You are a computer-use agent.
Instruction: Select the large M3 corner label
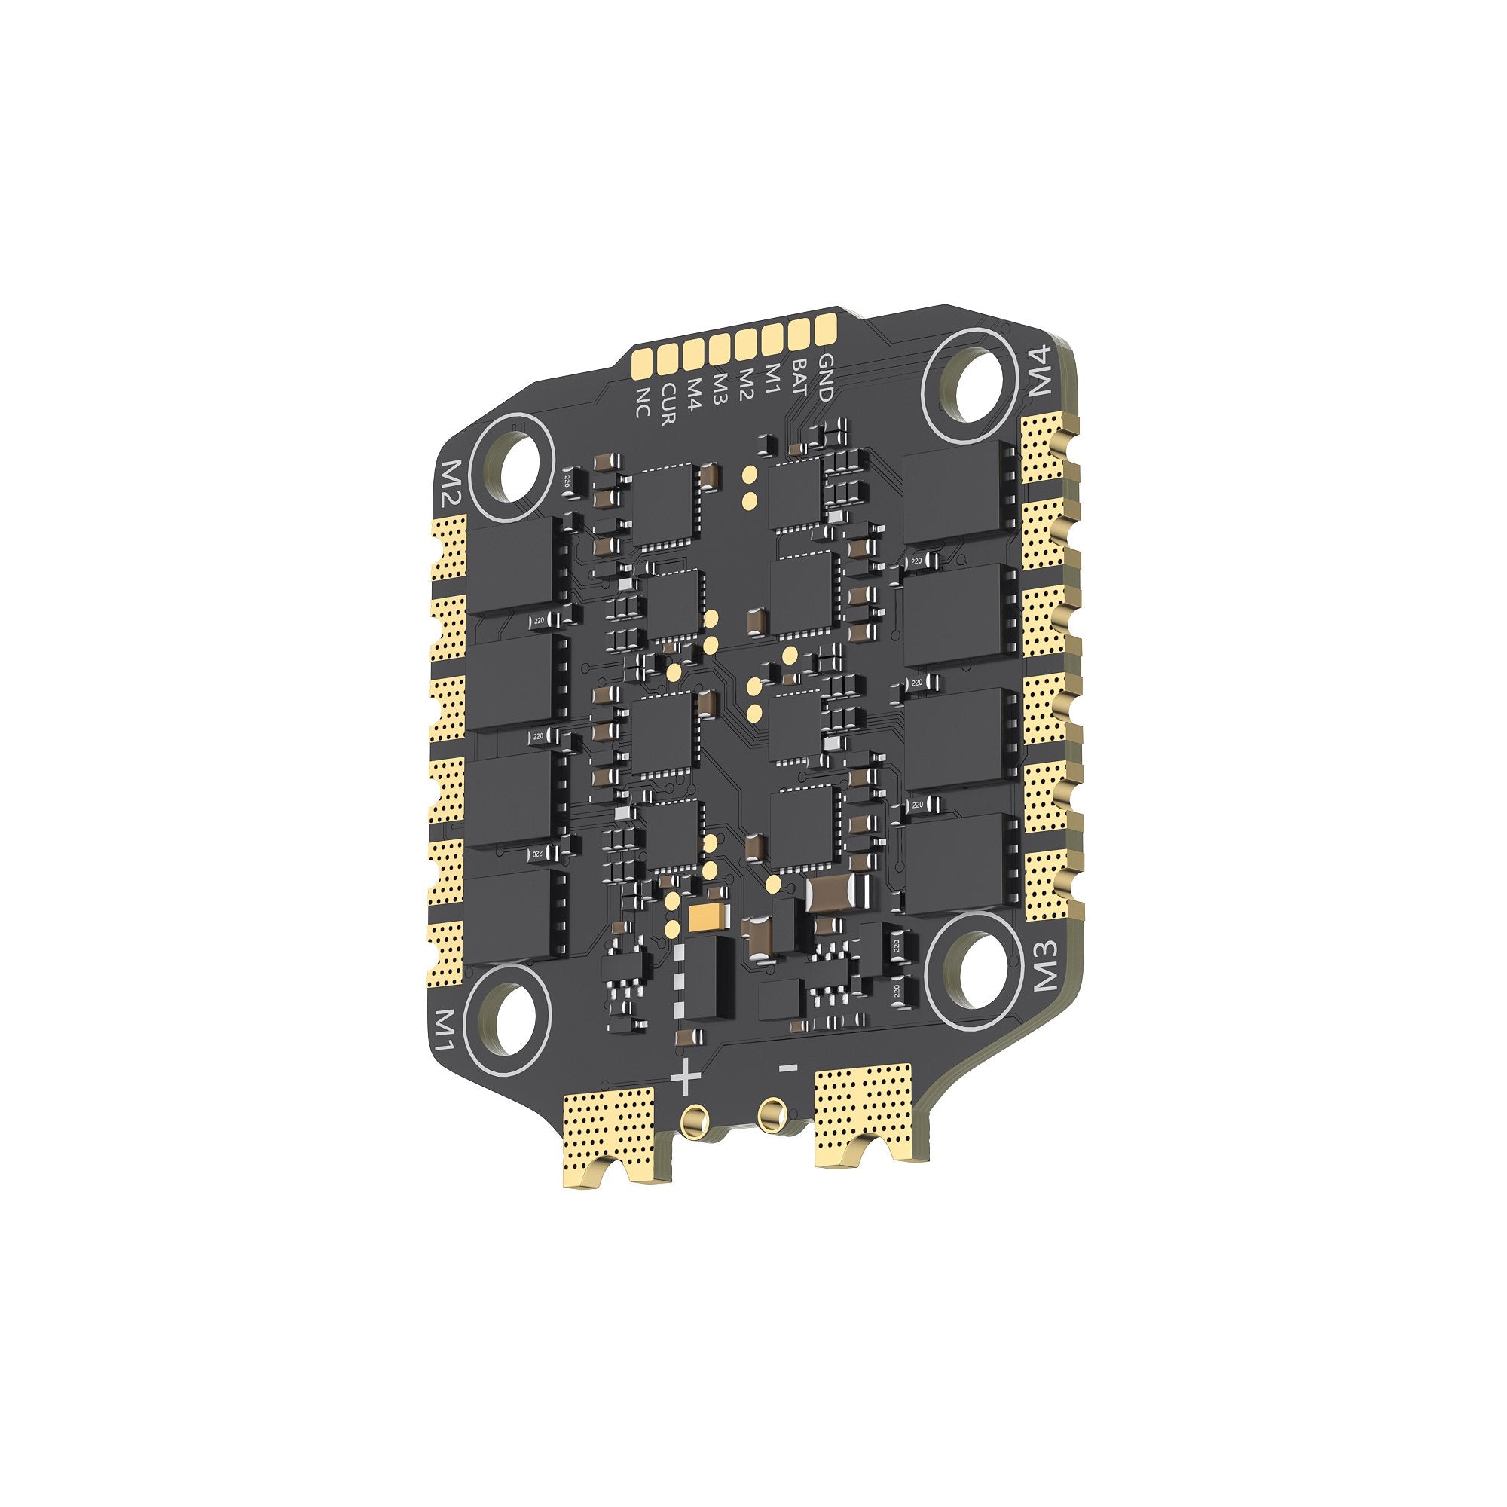click(1047, 965)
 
